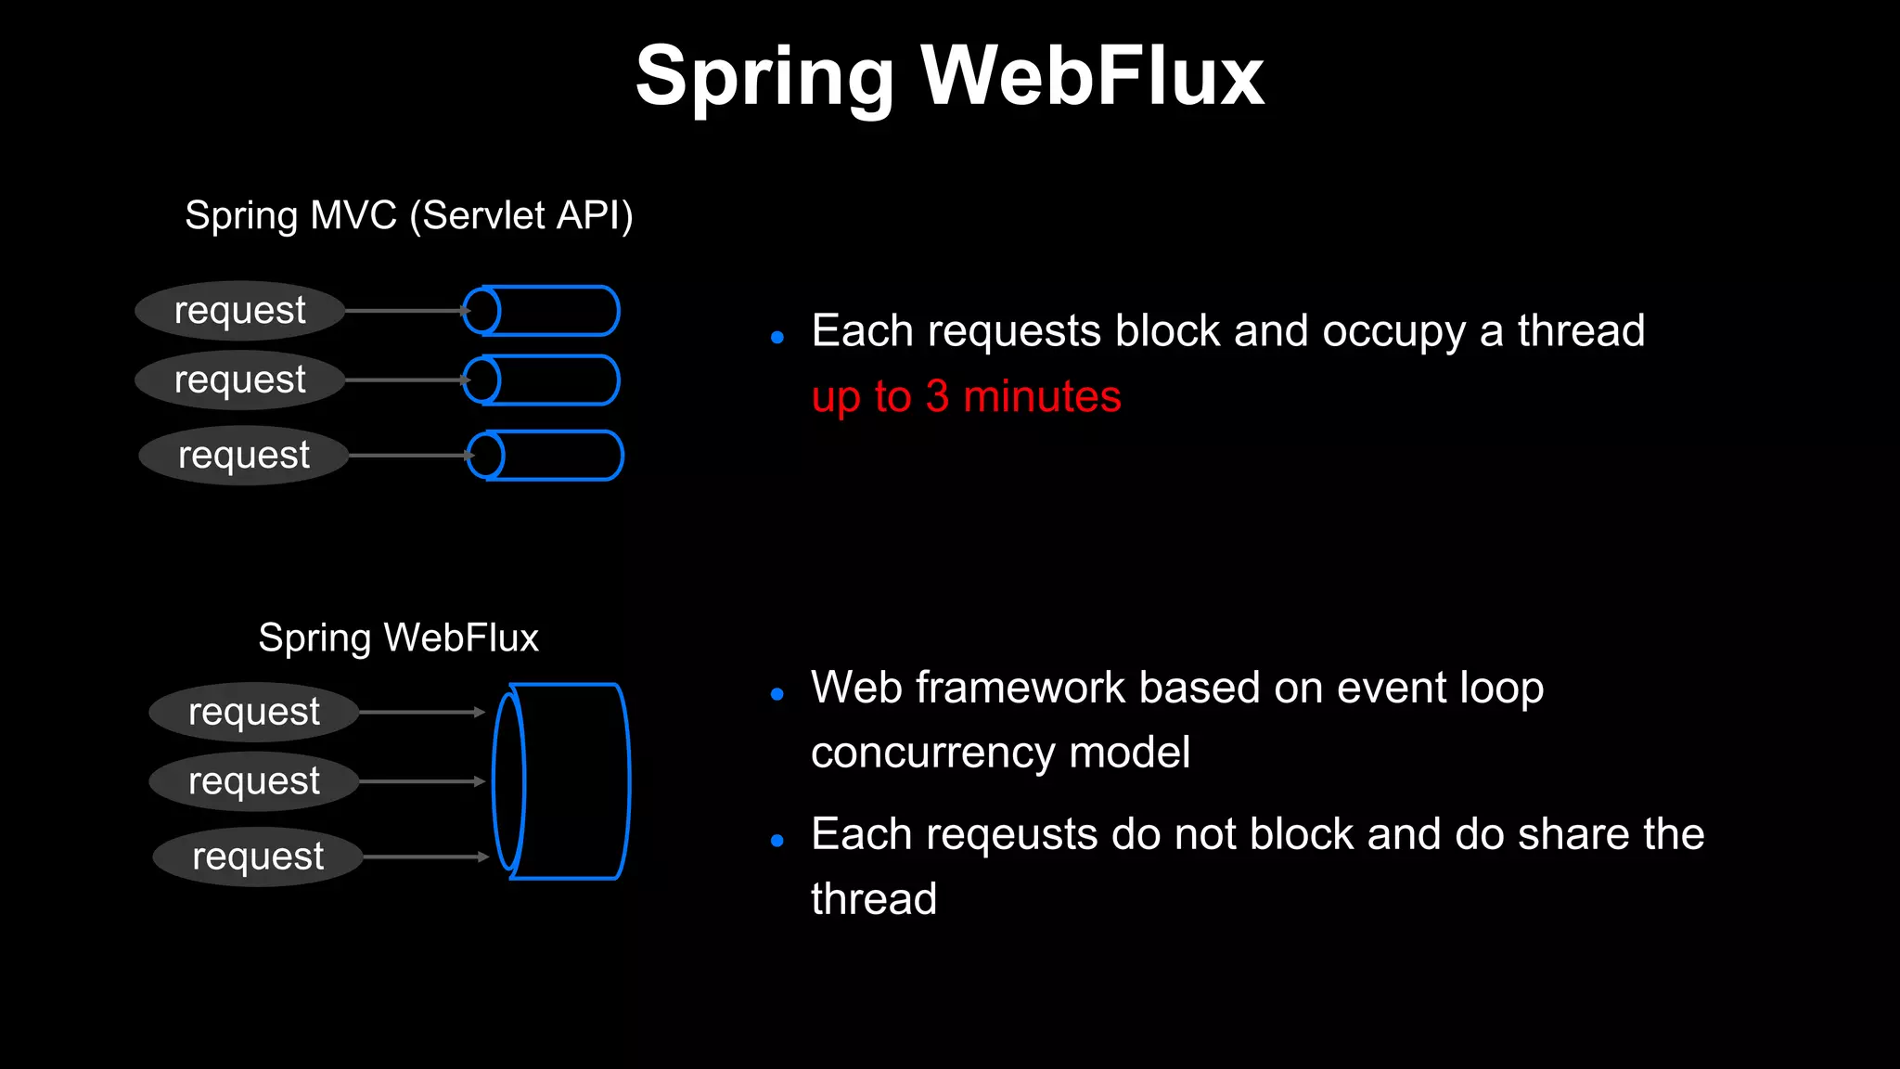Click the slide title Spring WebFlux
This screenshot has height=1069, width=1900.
click(x=949, y=76)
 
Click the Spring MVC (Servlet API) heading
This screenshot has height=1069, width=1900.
click(x=408, y=215)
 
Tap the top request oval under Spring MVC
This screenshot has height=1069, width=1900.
click(x=239, y=311)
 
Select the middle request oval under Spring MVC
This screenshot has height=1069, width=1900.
click(x=239, y=380)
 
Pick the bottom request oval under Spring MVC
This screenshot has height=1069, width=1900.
click(x=243, y=456)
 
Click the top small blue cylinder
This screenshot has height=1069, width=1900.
click(x=542, y=311)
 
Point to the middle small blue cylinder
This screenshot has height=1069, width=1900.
click(x=542, y=380)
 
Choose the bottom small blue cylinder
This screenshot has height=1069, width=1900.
click(x=546, y=456)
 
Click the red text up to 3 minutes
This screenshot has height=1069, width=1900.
click(x=966, y=397)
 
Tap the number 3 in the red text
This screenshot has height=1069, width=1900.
click(x=937, y=397)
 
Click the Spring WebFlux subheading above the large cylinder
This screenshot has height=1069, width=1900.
click(x=398, y=638)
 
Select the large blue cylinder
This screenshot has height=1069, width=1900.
click(x=562, y=781)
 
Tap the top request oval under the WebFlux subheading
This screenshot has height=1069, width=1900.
click(x=253, y=713)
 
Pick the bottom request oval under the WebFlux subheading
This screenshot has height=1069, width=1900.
click(x=257, y=856)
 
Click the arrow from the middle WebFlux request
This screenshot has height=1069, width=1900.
click(x=422, y=781)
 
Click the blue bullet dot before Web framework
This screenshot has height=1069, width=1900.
click(x=777, y=694)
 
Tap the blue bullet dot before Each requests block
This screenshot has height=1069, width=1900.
click(x=777, y=338)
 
